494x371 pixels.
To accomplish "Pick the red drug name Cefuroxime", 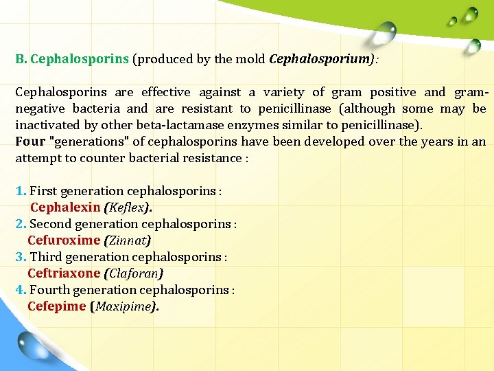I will pos(64,240).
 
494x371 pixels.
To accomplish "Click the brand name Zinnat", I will pos(127,240).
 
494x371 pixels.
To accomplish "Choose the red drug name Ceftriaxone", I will pos(64,273).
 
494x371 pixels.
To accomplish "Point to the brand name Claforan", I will pos(133,273).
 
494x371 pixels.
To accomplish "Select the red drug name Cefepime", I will pos(56,306).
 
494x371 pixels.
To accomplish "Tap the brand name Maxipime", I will pos(123,306).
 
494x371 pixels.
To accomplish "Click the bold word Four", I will pos(30,142).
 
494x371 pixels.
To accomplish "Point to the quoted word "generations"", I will pos(83,142).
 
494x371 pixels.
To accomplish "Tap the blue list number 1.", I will pos(21,191).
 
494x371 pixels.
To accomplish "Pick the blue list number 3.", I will pos(21,257).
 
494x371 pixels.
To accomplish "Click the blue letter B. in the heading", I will pos(21,59).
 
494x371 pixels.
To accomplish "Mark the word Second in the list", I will pos(49,224).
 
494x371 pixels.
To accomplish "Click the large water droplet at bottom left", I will pos(35,347).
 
